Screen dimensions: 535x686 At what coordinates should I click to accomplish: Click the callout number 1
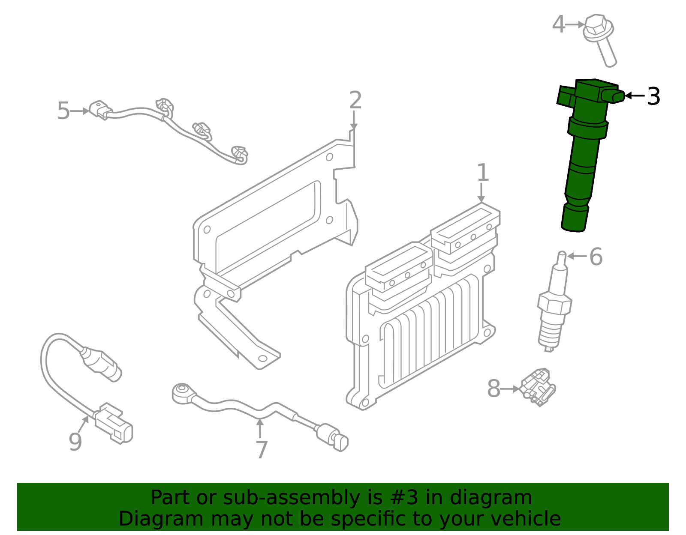point(483,173)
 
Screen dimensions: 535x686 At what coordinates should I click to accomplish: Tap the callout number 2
point(355,100)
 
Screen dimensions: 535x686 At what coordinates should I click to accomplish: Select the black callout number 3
point(653,96)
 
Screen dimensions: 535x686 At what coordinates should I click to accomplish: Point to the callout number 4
point(558,24)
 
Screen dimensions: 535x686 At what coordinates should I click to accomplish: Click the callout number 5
point(63,111)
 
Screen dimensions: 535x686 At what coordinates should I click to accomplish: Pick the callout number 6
point(596,257)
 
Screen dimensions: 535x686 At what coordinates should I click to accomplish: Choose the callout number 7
point(262,450)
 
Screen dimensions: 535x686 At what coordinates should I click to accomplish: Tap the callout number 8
point(493,389)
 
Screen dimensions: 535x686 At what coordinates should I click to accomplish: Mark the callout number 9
point(75,442)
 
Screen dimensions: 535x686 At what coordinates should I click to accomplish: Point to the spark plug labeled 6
point(554,304)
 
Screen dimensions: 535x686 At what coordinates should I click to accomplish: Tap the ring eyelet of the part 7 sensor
point(180,392)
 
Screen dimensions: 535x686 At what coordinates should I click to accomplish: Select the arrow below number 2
point(353,120)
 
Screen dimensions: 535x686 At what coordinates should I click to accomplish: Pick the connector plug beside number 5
point(101,110)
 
